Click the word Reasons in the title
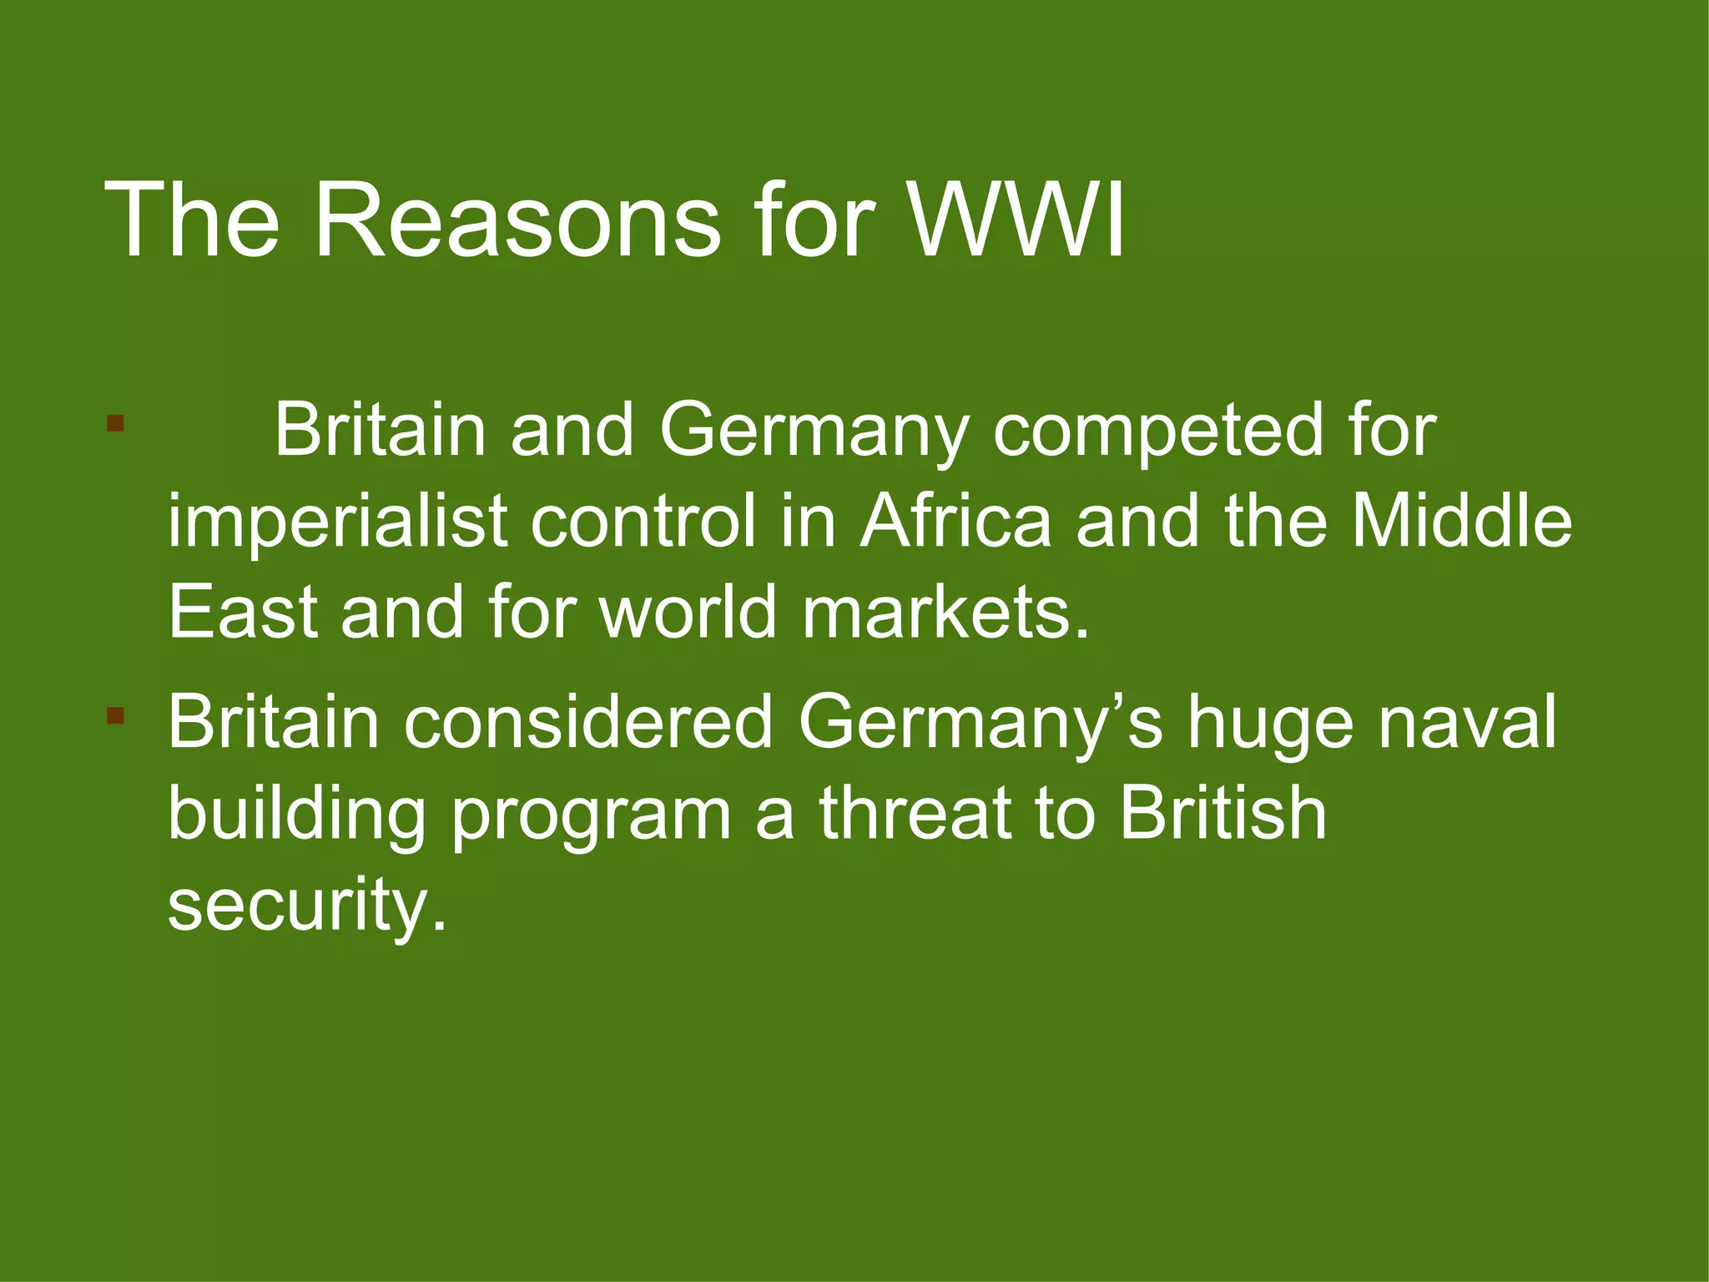517,221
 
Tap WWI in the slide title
1016,221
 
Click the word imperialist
338,522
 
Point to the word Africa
955,521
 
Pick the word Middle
1461,521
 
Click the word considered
588,721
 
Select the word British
1223,813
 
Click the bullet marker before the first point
115,423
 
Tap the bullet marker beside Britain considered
115,715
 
